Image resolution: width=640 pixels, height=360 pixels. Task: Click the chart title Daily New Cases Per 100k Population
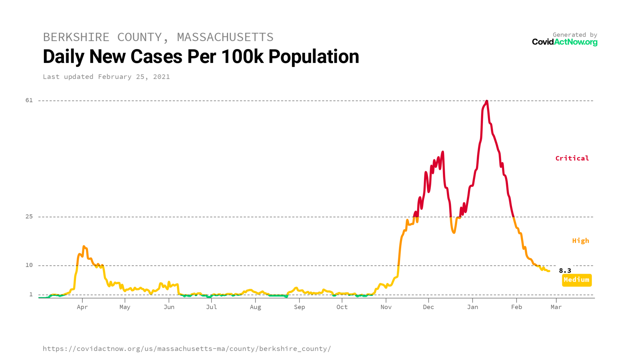click(201, 57)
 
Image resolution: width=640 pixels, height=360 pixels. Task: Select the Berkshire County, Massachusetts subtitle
click(158, 37)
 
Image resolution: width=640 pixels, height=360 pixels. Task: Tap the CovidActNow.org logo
click(564, 42)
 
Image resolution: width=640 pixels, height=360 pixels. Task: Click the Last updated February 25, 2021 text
click(106, 77)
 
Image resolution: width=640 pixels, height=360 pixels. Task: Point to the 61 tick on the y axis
click(29, 100)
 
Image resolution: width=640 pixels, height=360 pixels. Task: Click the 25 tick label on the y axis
click(29, 217)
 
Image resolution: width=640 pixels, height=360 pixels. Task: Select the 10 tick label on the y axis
click(29, 265)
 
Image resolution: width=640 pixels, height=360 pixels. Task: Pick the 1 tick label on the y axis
click(31, 294)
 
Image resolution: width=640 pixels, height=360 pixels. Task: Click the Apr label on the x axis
click(82, 307)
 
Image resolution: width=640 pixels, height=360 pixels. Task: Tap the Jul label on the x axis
click(211, 307)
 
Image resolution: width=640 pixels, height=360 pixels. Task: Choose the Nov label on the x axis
click(386, 307)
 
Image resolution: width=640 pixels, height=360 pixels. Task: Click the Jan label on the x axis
click(472, 307)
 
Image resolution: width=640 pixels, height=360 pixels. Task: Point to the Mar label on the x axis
click(556, 307)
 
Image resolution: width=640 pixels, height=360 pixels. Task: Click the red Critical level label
click(572, 158)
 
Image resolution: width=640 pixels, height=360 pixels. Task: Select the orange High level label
click(580, 241)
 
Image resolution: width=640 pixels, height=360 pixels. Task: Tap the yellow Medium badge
click(577, 280)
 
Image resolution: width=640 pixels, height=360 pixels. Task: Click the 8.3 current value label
click(565, 271)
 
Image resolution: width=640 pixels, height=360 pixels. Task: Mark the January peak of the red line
click(487, 101)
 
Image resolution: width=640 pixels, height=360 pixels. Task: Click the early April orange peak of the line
click(84, 247)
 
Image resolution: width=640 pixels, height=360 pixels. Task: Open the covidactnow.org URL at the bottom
click(187, 349)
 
